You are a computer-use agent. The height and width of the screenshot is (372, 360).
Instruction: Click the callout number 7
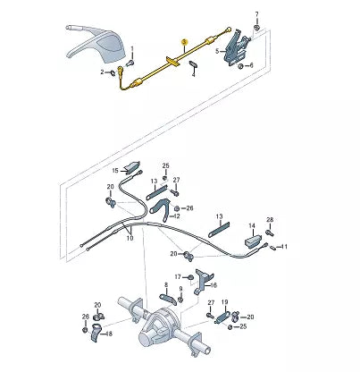click(256, 14)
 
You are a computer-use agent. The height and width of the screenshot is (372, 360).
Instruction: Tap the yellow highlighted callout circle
click(184, 41)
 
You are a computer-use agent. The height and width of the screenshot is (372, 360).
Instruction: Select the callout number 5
click(218, 51)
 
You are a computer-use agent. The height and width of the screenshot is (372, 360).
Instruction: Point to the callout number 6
click(251, 65)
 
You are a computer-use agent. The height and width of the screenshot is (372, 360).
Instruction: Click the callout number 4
click(194, 74)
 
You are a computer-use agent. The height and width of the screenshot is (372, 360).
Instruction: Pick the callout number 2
click(103, 72)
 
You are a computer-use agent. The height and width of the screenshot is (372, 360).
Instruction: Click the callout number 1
click(132, 48)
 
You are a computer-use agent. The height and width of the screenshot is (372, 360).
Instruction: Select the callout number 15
click(115, 171)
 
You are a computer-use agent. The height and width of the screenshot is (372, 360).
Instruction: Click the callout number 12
click(177, 216)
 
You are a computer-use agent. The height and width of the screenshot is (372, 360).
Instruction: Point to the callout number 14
click(252, 225)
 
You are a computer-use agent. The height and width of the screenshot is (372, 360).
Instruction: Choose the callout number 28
click(270, 220)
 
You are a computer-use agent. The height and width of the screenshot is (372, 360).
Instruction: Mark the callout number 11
click(284, 247)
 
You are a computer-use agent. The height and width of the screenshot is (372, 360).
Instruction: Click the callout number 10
click(130, 238)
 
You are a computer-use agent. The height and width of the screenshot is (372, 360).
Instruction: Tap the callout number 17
click(178, 277)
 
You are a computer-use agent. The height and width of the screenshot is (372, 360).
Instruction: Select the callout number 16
click(213, 285)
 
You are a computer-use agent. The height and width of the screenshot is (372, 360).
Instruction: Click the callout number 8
click(166, 285)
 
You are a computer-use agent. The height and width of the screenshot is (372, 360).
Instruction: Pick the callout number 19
click(225, 302)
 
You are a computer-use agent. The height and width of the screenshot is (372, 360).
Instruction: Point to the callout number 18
click(109, 334)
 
